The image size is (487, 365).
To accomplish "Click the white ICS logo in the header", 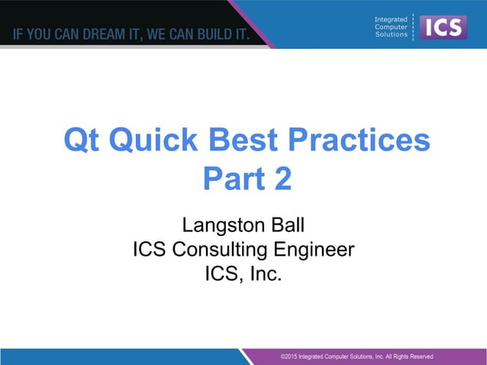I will click(444, 27).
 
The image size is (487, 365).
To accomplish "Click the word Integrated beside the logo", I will click(391, 18).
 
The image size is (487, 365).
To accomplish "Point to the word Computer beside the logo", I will click(391, 27).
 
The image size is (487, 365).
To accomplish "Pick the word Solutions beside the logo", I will click(391, 34).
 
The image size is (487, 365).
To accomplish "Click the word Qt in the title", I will click(82, 141).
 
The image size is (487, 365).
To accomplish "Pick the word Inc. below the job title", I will click(266, 273).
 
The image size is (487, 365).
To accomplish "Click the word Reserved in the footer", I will click(418, 356).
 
